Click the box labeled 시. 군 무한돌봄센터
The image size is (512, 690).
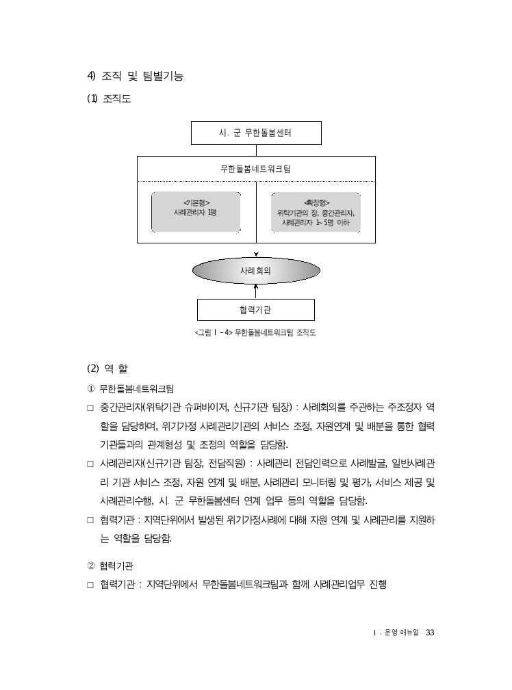(x=256, y=133)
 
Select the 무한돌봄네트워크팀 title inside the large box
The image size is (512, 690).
(x=255, y=169)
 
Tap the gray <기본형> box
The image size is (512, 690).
(x=196, y=212)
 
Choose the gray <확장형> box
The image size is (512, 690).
(x=316, y=212)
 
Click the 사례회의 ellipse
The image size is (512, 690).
(x=256, y=271)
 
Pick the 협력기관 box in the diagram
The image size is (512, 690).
(x=255, y=310)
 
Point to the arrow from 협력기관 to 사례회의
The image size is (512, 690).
(x=256, y=291)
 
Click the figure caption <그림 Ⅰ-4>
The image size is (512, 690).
(x=255, y=332)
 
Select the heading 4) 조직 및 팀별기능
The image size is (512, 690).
(x=135, y=76)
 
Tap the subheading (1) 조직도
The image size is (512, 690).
(x=109, y=98)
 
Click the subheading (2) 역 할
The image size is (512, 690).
(x=107, y=369)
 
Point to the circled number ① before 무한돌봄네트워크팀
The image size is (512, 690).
(x=91, y=389)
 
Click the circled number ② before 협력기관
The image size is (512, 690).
(x=91, y=566)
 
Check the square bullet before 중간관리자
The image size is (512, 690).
(x=90, y=408)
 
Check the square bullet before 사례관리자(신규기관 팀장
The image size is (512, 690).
(x=90, y=464)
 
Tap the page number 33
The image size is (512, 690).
(x=430, y=633)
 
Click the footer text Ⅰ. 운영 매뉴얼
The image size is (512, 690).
(x=396, y=633)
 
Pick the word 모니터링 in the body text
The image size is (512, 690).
(x=319, y=483)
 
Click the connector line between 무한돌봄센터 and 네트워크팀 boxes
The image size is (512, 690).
(x=256, y=150)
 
